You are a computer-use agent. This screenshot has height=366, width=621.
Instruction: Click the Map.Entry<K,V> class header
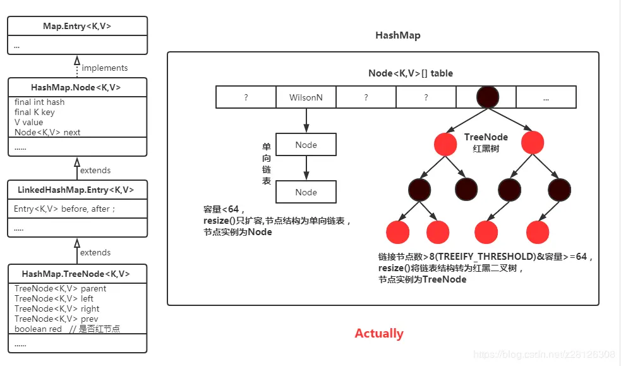(x=76, y=27)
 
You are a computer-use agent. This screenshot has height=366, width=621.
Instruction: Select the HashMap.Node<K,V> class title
(x=76, y=88)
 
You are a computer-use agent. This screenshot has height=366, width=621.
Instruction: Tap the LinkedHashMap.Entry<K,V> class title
(x=76, y=190)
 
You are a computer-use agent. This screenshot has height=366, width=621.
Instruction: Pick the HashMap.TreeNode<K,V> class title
(x=76, y=274)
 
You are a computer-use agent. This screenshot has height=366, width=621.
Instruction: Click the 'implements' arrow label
(x=104, y=68)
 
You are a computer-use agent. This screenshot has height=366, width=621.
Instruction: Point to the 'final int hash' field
(x=40, y=102)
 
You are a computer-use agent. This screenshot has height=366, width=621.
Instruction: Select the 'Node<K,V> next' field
(x=47, y=132)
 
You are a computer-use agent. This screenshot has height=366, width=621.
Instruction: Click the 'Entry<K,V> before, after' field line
(x=64, y=209)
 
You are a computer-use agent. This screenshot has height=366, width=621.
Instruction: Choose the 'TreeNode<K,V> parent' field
(x=60, y=288)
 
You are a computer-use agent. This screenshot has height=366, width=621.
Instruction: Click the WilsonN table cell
(x=306, y=97)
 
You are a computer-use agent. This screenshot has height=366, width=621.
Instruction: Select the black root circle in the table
(x=486, y=97)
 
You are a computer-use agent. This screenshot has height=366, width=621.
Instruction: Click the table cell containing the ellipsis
(x=545, y=97)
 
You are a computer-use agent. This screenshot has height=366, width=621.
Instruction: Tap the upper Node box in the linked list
(x=306, y=145)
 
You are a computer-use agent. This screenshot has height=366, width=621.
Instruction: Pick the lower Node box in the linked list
(x=306, y=192)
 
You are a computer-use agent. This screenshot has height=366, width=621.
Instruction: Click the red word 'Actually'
(x=379, y=333)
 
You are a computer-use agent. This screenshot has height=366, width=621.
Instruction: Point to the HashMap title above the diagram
(x=397, y=35)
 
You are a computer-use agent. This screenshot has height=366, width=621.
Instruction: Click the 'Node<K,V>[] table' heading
(x=410, y=73)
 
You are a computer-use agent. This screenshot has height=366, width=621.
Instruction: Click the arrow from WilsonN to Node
(x=306, y=120)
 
